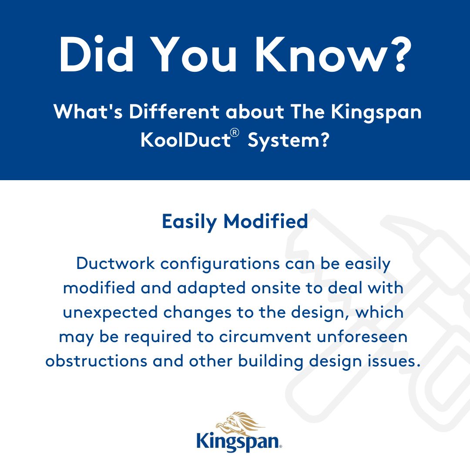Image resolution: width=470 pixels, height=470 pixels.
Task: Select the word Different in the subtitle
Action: point(174,112)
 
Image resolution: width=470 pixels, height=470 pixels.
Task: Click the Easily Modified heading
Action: point(235,222)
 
